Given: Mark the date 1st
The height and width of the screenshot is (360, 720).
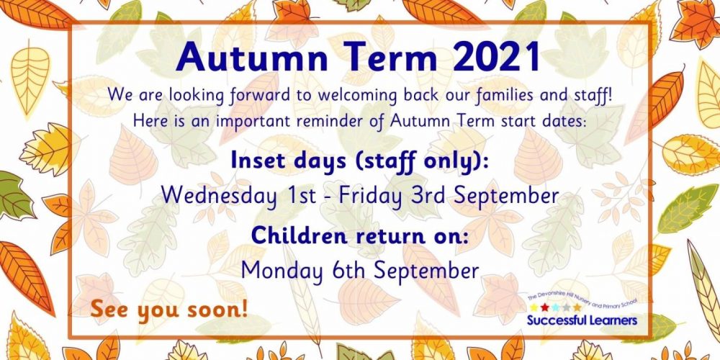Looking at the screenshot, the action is pyautogui.click(x=302, y=195).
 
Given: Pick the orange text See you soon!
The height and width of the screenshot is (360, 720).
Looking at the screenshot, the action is pyautogui.click(x=169, y=310).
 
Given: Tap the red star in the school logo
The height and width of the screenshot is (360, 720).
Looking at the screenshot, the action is pyautogui.click(x=544, y=307).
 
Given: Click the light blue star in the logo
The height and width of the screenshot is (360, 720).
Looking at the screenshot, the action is pyautogui.click(x=556, y=307).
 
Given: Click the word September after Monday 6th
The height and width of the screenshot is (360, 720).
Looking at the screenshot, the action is pyautogui.click(x=426, y=271).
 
